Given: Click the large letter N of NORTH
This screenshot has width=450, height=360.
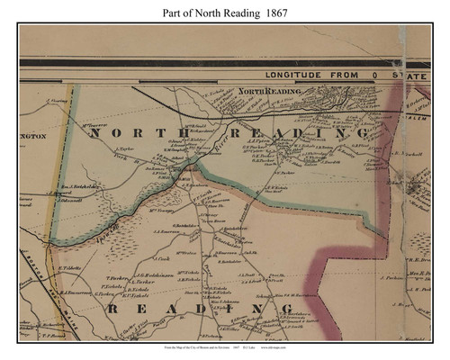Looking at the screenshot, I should click(94, 132).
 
